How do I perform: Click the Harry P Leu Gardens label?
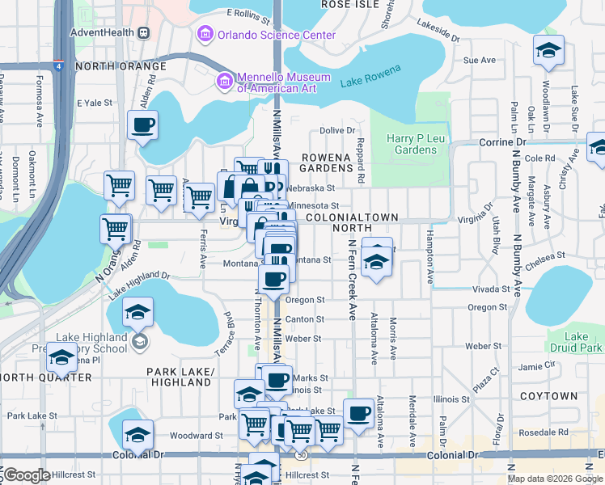(411, 144)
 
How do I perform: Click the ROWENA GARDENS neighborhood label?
(328, 162)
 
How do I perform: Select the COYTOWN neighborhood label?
(548, 396)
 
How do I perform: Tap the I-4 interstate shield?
(59, 67)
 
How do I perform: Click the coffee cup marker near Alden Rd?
(142, 125)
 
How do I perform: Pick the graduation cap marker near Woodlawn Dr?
(548, 51)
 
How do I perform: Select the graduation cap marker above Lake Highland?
(137, 311)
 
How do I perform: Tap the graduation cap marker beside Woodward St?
(137, 435)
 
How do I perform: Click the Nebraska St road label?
(306, 188)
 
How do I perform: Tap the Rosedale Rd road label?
(545, 432)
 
